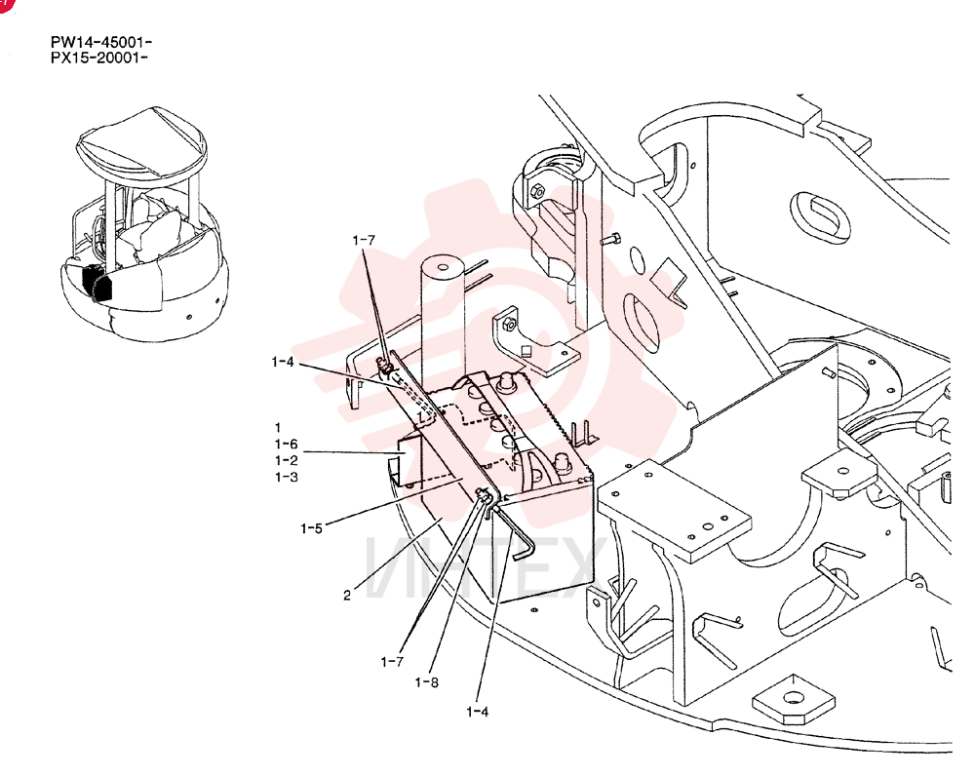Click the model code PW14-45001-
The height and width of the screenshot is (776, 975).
[101, 42]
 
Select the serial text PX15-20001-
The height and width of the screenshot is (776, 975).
[99, 58]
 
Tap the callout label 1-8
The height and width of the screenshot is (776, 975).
[427, 682]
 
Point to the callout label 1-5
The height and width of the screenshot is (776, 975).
[312, 528]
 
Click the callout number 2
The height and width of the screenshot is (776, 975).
[347, 595]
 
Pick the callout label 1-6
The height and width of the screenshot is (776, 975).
[286, 444]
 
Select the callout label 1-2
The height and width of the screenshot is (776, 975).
[286, 461]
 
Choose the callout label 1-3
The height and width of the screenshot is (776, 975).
[286, 478]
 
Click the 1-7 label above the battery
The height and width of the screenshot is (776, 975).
[364, 240]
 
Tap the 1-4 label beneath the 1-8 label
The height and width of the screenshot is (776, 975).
[478, 712]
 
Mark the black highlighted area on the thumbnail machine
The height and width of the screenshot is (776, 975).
[97, 283]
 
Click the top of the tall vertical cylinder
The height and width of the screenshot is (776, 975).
[443, 268]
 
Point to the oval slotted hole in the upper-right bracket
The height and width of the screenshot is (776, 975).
[820, 215]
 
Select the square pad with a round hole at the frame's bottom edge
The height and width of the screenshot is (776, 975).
[793, 700]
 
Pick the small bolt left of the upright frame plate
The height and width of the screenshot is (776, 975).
[611, 239]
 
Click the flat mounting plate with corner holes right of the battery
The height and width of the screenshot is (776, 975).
[674, 509]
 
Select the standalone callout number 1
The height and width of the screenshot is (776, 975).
[278, 428]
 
